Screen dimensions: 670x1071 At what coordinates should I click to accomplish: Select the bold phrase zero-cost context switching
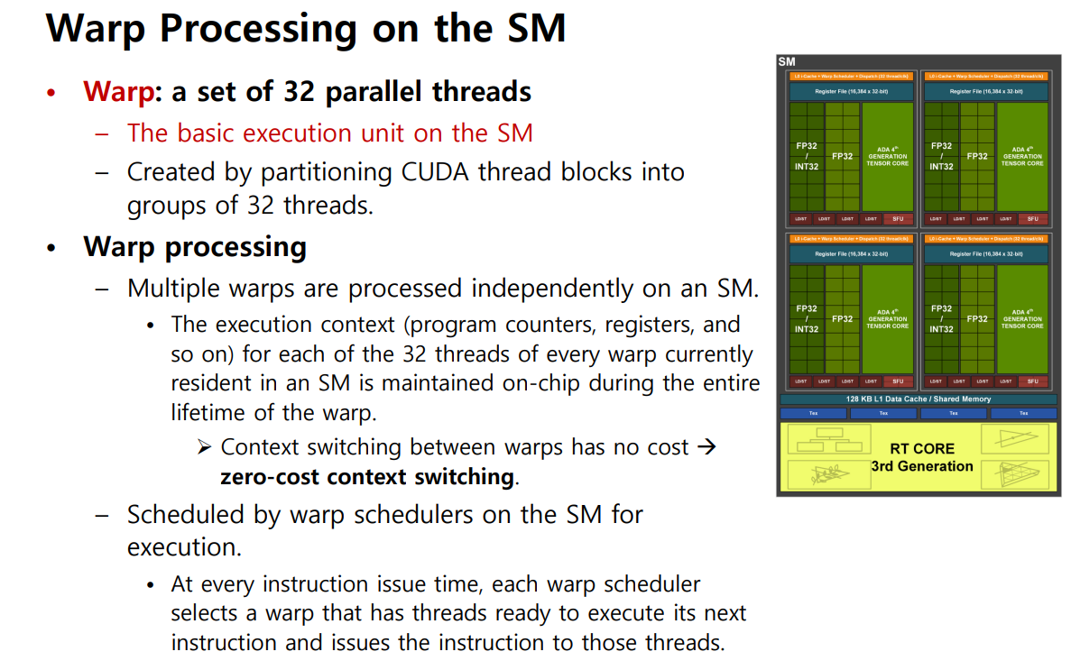click(x=368, y=476)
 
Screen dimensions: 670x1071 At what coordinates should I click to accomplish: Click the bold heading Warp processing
click(x=195, y=246)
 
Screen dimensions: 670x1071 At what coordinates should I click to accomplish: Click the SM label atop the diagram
click(x=786, y=61)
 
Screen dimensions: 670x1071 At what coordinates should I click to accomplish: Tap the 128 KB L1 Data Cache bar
click(x=918, y=399)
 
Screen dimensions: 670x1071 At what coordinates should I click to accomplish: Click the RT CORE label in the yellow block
click(x=921, y=448)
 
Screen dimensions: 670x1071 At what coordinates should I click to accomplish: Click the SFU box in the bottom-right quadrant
click(x=1032, y=381)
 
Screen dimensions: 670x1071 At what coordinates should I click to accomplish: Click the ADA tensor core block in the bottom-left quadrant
click(x=887, y=319)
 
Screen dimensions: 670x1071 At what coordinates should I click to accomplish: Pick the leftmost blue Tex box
click(x=813, y=413)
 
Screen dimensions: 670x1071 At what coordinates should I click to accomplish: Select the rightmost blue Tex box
click(x=1023, y=413)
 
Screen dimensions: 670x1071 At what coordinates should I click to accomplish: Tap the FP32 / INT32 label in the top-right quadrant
click(x=941, y=156)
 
